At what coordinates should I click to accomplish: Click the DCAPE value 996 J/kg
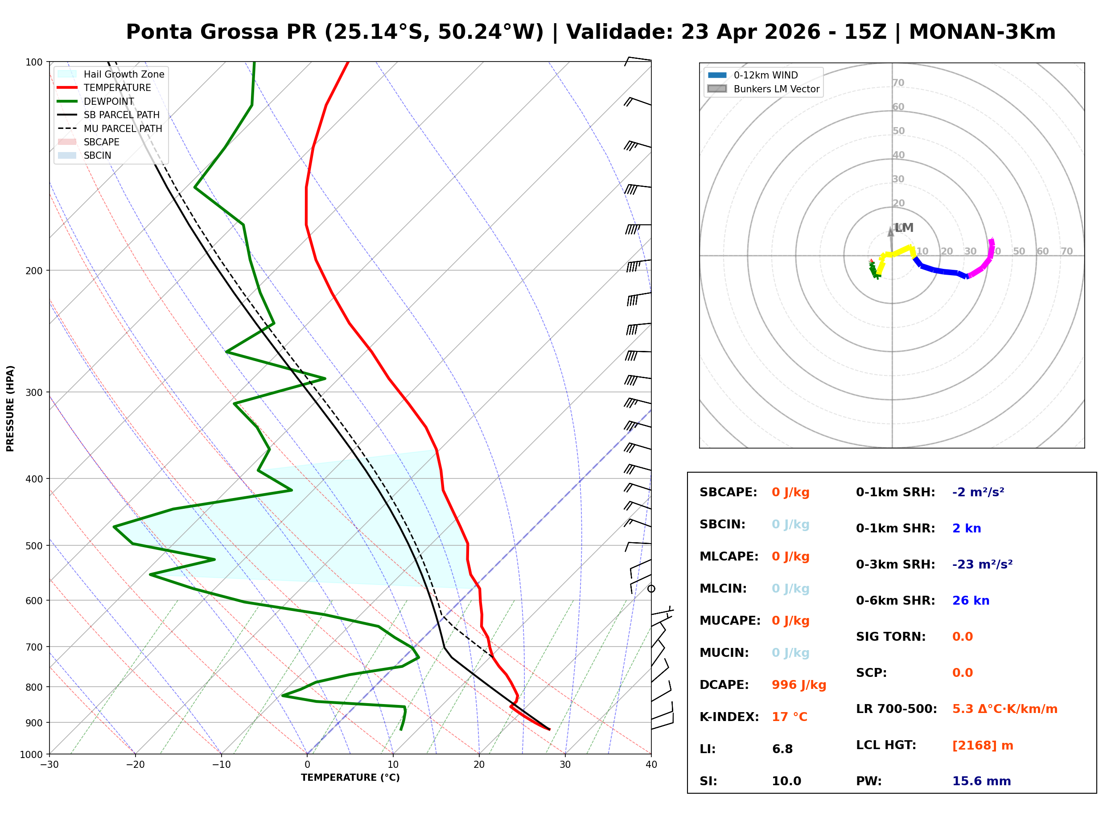tap(798, 685)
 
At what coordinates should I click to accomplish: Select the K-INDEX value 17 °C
tap(789, 717)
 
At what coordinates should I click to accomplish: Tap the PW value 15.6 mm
tap(981, 781)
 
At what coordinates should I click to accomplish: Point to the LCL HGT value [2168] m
tap(982, 746)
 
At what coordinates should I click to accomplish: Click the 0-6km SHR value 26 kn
tap(970, 601)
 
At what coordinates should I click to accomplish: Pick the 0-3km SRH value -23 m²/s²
tap(982, 565)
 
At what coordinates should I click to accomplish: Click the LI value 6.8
tap(782, 749)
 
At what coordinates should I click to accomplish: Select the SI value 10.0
tap(786, 781)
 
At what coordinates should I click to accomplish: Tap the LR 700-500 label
tap(896, 709)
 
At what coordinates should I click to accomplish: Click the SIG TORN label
tap(890, 637)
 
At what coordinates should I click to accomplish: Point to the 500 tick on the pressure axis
tap(35, 546)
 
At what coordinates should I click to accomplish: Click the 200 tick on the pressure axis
tap(35, 271)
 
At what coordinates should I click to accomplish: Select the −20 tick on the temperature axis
tap(135, 765)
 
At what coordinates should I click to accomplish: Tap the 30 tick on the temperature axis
tap(565, 765)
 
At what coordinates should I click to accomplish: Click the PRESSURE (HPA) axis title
tap(10, 408)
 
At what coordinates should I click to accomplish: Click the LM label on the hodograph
tap(904, 228)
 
